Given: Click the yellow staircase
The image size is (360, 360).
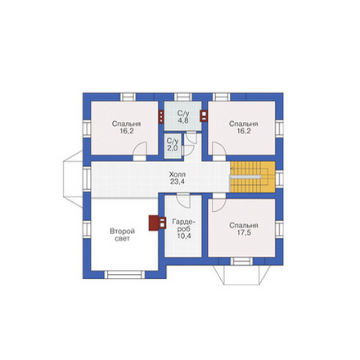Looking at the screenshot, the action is tap(253, 177).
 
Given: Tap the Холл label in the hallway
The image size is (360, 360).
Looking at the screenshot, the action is tap(178, 174).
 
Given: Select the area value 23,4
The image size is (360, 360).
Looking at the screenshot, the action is tap(178, 182).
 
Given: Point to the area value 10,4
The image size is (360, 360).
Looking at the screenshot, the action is tap(184, 236).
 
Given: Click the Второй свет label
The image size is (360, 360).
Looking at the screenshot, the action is tap(122, 235).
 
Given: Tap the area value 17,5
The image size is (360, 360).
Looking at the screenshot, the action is tap(244, 233).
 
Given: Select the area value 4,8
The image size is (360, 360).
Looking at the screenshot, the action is tap(183, 120).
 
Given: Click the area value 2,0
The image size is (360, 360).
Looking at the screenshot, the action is tap(173, 148).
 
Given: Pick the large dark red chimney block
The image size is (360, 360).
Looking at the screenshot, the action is tap(154, 223).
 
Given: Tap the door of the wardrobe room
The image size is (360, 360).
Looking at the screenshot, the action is tap(183, 200).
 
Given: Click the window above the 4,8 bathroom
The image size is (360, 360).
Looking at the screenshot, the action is tap(183, 97).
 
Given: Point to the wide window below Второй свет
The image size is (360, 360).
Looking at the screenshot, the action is tap(124, 274).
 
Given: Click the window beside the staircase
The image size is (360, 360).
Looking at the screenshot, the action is tap(279, 178).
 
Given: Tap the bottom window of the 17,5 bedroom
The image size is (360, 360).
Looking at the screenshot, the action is tap(241, 261).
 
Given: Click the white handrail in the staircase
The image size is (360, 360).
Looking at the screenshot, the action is tap(245, 177).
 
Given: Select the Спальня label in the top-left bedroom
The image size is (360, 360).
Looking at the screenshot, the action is tap(126, 124).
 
